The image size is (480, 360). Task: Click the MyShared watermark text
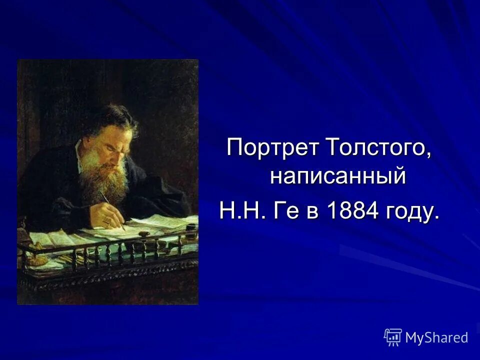coord(436,337)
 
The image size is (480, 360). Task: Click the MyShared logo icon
coord(393,337)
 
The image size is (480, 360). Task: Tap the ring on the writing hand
coord(106,220)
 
